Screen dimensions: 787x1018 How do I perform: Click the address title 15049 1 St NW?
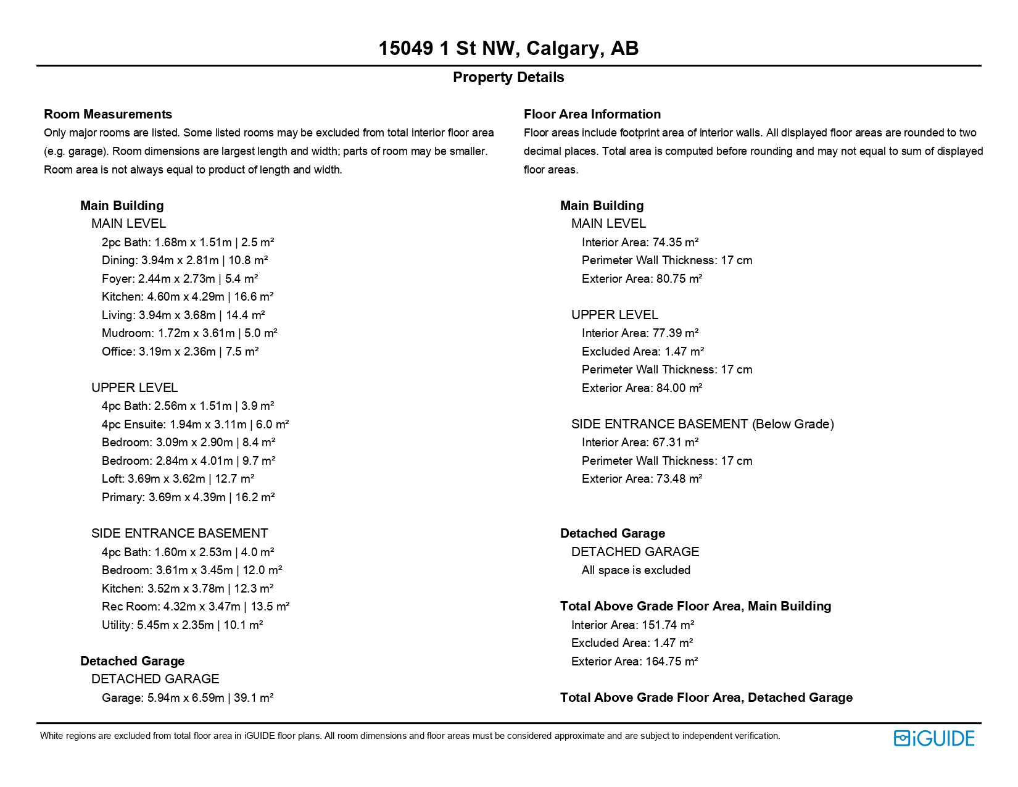tap(508, 48)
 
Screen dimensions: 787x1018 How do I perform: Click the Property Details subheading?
tap(508, 77)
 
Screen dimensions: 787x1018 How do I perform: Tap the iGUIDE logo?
tap(933, 738)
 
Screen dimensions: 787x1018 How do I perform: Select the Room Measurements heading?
tap(108, 114)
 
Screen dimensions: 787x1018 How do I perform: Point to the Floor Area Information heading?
tap(592, 114)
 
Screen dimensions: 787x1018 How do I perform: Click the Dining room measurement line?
tap(184, 260)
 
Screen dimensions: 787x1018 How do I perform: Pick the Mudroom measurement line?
tap(189, 333)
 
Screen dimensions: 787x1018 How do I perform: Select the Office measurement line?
tap(180, 352)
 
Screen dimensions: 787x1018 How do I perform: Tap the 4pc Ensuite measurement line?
tap(195, 425)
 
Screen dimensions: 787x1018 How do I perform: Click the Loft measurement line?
tap(178, 479)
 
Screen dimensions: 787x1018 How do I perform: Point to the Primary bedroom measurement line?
tap(188, 498)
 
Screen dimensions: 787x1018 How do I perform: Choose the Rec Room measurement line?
tap(196, 607)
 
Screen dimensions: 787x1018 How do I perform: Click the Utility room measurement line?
tap(182, 625)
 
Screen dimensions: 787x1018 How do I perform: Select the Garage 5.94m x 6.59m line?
tap(188, 698)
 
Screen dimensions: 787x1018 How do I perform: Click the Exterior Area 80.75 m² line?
tap(642, 279)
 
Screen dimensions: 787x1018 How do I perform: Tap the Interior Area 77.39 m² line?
tap(640, 333)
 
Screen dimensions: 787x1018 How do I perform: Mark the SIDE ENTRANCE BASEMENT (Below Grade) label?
tap(702, 424)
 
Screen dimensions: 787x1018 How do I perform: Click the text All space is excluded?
tap(635, 570)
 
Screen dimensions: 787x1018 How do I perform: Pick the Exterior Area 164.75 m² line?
tap(634, 662)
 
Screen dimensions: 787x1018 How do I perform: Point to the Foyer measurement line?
tap(180, 279)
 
